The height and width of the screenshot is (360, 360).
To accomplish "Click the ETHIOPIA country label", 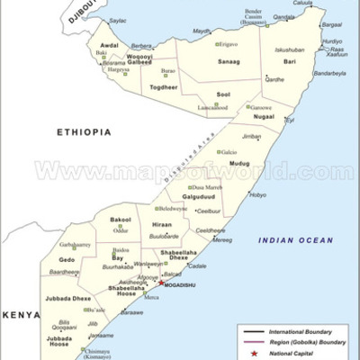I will pyautogui.click(x=84, y=132).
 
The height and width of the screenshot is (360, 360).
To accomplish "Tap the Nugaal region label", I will pyautogui.click(x=264, y=117).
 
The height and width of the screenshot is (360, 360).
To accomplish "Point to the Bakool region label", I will pyautogui.click(x=120, y=220).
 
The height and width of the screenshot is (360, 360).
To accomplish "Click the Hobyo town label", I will pyautogui.click(x=257, y=194).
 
